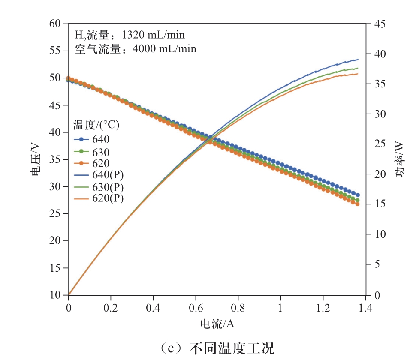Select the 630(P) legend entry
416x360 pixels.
click(106, 187)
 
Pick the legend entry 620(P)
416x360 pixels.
click(106, 199)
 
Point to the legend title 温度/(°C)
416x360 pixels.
click(96, 125)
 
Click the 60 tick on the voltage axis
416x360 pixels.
click(56, 24)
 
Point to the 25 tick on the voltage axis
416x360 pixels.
click(56, 213)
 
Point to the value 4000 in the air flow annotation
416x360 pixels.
click(145, 49)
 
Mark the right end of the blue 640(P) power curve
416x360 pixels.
click(358, 60)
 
